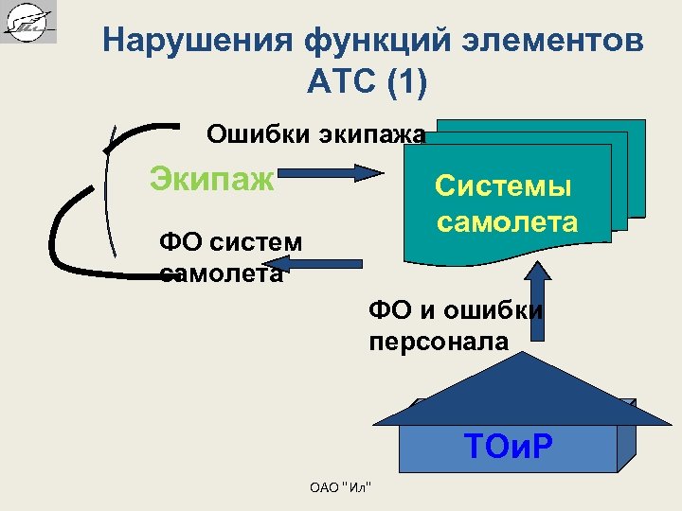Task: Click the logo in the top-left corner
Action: [28, 22]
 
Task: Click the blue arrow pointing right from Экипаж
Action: [331, 173]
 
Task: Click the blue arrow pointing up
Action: [538, 294]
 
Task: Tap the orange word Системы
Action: [503, 186]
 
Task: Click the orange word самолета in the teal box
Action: [507, 222]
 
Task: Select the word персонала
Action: [439, 343]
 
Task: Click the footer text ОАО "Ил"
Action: [340, 487]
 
